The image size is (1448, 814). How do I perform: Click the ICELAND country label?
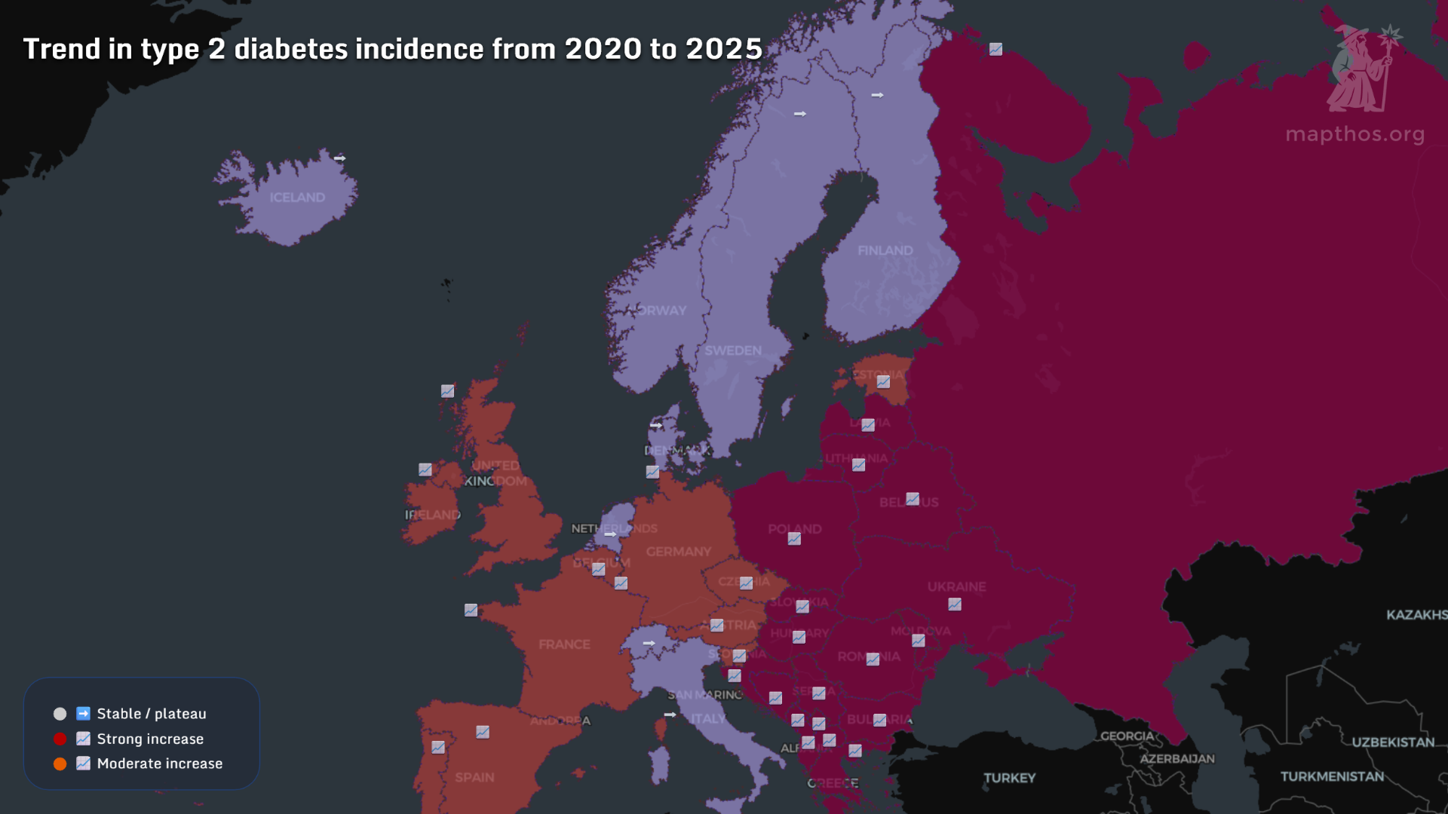297,197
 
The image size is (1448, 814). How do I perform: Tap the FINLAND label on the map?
885,250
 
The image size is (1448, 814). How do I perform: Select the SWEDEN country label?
732,350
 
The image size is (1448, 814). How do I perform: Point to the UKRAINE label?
956,586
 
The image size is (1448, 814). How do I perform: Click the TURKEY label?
1009,778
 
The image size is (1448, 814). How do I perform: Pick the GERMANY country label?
678,552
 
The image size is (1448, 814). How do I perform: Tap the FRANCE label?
564,644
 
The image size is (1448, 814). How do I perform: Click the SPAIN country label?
474,777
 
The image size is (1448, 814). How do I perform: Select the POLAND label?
794,529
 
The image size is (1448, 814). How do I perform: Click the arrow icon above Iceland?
340,158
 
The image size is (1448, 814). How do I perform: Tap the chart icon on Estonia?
883,382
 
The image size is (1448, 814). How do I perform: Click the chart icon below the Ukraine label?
955,604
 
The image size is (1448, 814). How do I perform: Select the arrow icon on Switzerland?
649,643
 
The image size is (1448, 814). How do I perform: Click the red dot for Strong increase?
60,739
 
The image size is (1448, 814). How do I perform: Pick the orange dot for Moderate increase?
60,764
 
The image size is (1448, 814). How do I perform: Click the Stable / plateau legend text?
151,714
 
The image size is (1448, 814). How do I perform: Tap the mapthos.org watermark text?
1354,134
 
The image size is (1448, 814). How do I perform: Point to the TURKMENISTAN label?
1331,776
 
